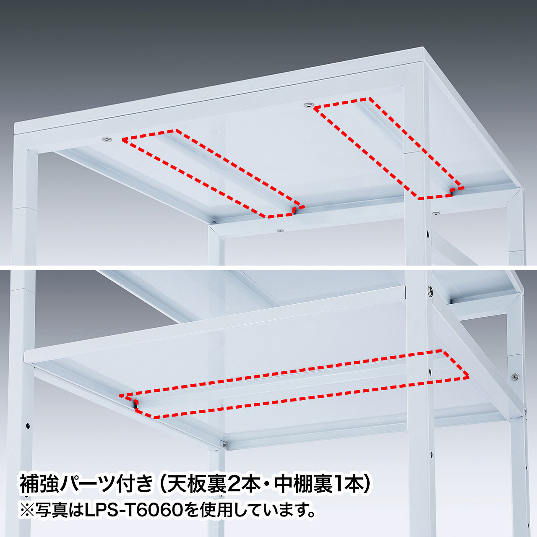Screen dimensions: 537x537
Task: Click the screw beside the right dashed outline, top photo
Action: coord(308,105)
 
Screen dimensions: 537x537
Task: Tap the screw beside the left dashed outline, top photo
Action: coord(106,139)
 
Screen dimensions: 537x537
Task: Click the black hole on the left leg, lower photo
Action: coord(28,426)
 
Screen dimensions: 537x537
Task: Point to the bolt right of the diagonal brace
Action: coord(516,377)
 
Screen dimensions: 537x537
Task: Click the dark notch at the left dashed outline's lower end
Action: coord(294,210)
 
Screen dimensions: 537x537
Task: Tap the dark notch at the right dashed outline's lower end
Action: coord(451,191)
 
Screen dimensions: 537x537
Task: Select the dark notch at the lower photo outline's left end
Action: coord(136,404)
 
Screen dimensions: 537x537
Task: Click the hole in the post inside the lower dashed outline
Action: coord(430,371)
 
